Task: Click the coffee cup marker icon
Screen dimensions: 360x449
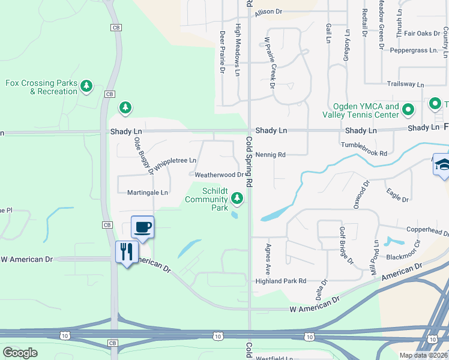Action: pos(142,227)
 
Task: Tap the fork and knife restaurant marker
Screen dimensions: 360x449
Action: pos(126,251)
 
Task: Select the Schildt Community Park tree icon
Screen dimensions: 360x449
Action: pos(238,197)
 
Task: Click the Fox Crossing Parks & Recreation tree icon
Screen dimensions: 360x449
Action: pos(87,87)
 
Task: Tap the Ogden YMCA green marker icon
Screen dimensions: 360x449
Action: pos(408,110)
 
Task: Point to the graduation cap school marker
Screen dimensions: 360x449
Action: pos(442,165)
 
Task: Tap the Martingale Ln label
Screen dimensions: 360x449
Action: pos(148,193)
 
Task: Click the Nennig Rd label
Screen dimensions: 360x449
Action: pos(270,154)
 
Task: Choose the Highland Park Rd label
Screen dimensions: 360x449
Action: pos(281,281)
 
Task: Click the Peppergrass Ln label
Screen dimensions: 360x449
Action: pos(414,50)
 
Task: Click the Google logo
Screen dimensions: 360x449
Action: pos(20,352)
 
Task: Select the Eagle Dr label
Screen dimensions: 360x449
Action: pos(397,196)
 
